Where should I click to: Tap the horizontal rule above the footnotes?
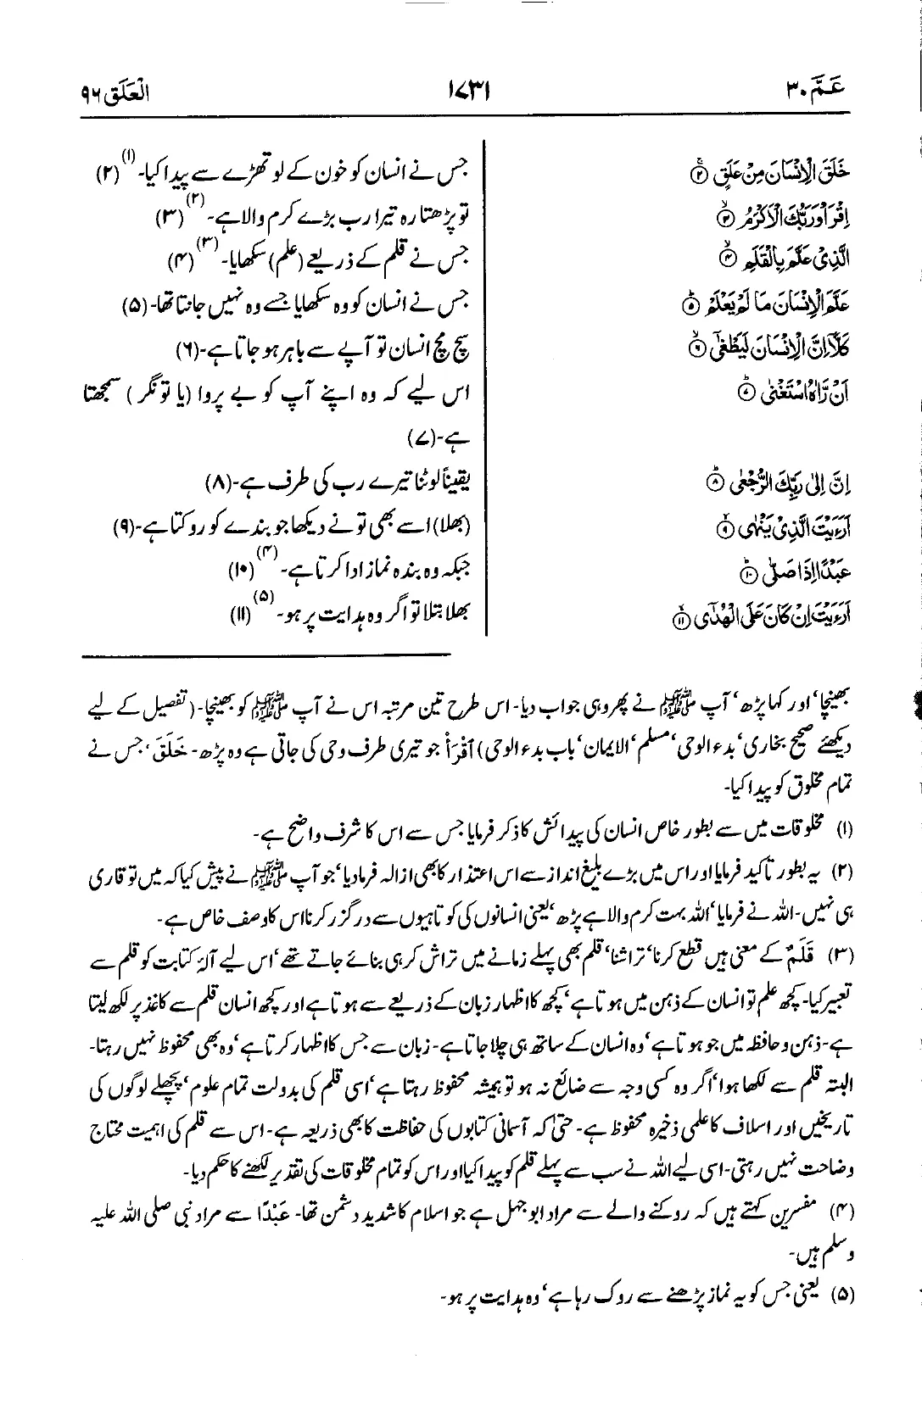[267, 654]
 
